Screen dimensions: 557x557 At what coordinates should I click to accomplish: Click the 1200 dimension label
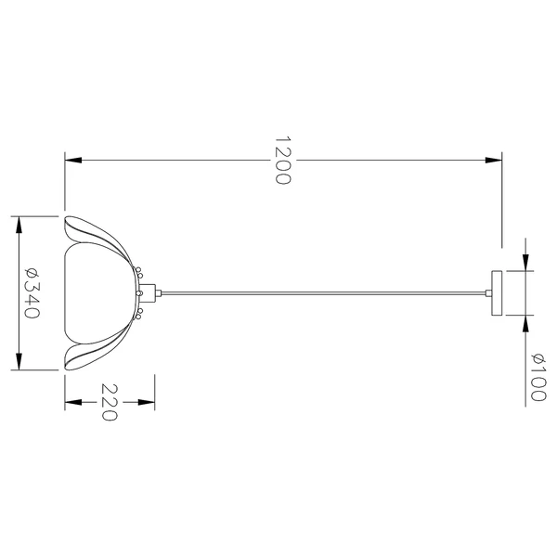[x=283, y=160]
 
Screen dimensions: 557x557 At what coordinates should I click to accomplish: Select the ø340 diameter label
[x=32, y=292]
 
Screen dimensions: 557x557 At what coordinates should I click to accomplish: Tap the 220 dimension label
[x=109, y=402]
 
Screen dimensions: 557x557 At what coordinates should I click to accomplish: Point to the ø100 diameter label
[x=538, y=377]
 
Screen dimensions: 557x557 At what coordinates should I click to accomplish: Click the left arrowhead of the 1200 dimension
[x=73, y=160]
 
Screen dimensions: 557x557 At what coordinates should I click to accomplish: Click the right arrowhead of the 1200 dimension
[x=494, y=160]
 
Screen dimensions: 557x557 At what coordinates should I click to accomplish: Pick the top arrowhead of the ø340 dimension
[x=19, y=225]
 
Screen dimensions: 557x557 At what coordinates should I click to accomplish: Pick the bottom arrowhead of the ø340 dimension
[x=19, y=362]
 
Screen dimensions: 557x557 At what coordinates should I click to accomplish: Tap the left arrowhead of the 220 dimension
[x=73, y=402]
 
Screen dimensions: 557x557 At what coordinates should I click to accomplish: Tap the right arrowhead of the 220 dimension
[x=147, y=402]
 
